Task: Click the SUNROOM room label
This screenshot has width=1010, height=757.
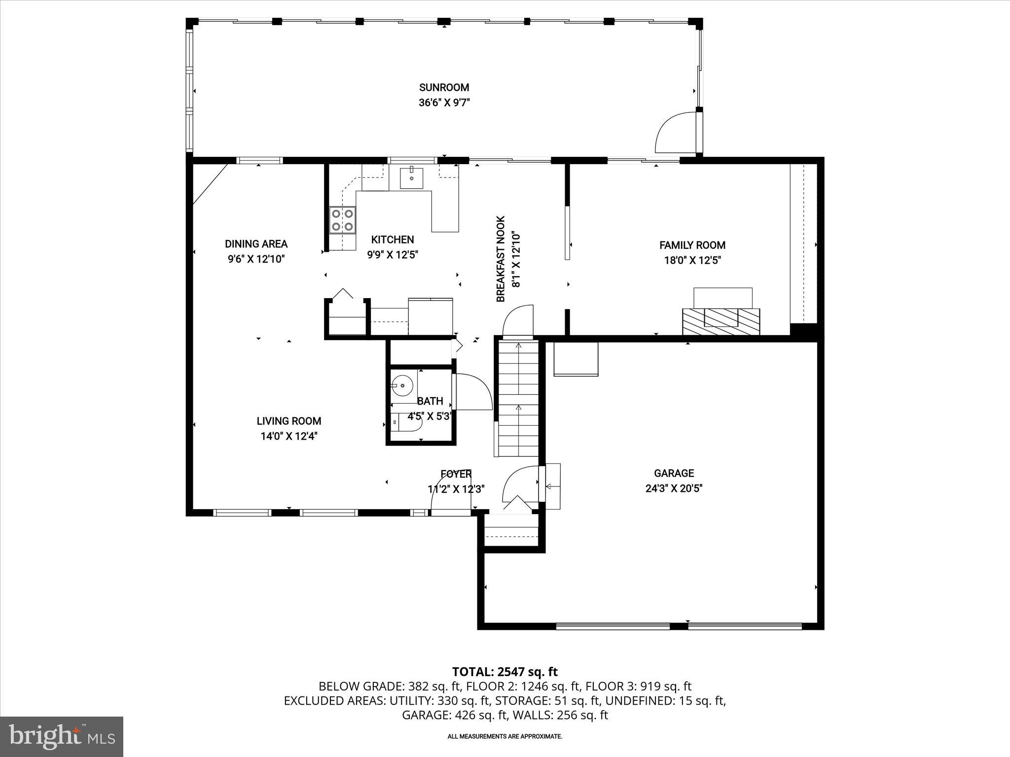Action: coord(444,88)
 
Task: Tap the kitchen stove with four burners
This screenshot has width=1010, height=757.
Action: coord(342,220)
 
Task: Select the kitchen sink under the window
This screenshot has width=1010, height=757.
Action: coord(411,178)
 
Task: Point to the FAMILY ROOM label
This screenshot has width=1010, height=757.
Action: coord(692,245)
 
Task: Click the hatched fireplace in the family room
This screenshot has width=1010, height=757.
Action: coord(721,321)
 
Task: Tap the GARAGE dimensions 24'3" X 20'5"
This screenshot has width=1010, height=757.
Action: coord(674,488)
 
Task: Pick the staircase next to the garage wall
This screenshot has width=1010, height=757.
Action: coord(518,397)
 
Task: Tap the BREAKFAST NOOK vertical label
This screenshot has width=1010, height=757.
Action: coord(501,259)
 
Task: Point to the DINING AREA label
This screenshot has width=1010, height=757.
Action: coord(256,243)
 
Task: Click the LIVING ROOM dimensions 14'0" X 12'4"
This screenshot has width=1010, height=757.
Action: coord(289,436)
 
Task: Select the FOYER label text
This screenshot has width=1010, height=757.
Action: coord(456,474)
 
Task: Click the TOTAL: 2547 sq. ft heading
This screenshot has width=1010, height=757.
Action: coord(505,672)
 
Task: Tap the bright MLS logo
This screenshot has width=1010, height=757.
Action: coord(62,736)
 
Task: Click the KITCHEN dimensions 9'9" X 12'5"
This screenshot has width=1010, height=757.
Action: coord(393,255)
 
